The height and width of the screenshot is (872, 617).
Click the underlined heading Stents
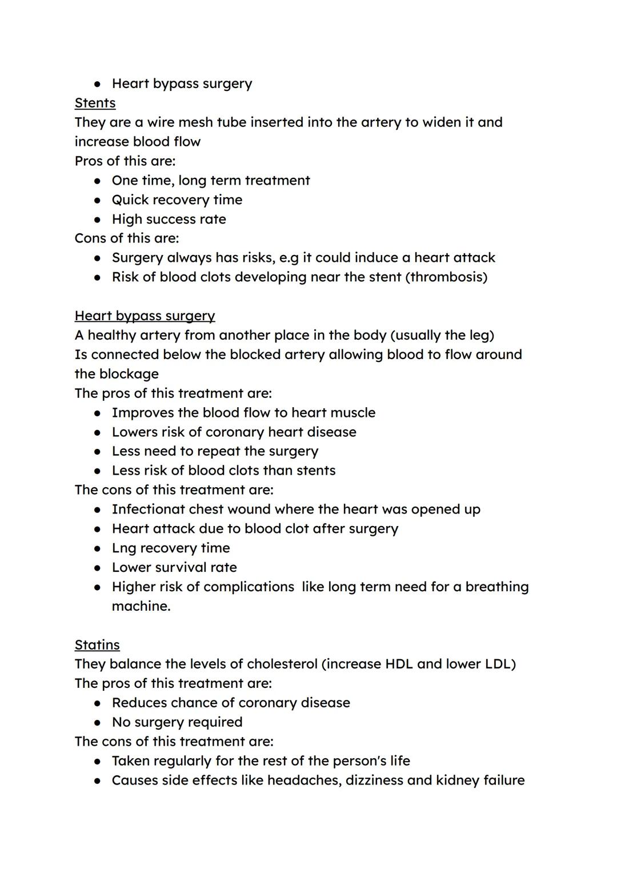pyautogui.click(x=95, y=103)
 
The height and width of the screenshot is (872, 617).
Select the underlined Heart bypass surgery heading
pyautogui.click(x=145, y=316)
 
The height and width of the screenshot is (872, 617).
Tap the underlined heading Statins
pyautogui.click(x=97, y=644)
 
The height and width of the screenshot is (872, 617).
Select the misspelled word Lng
pyautogui.click(x=124, y=548)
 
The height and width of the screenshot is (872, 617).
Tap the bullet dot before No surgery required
pyautogui.click(x=98, y=723)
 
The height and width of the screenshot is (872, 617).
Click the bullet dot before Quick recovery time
pyautogui.click(x=98, y=200)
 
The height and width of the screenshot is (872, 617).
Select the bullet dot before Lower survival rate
pyautogui.click(x=98, y=568)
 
